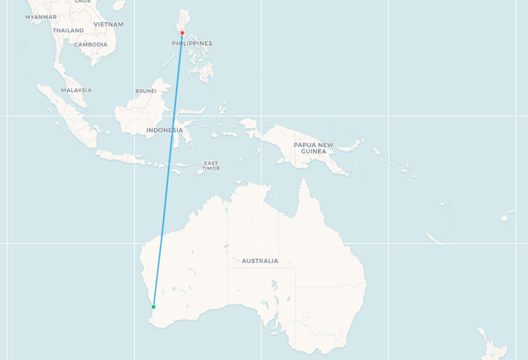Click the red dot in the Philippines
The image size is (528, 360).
(x=182, y=33)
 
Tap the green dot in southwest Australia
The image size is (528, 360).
(x=153, y=307)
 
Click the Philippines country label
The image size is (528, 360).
(x=192, y=44)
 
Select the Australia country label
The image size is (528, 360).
(x=260, y=261)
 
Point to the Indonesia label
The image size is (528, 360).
(x=165, y=130)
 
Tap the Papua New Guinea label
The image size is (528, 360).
(x=313, y=148)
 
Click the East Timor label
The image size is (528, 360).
(x=211, y=165)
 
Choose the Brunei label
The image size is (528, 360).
(x=146, y=91)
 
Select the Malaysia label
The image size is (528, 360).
(x=76, y=90)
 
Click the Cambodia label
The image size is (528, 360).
(x=91, y=45)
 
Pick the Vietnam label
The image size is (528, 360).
(x=109, y=24)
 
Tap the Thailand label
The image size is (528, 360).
(x=68, y=30)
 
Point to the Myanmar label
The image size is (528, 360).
(x=41, y=17)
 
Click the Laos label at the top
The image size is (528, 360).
(x=83, y=2)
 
